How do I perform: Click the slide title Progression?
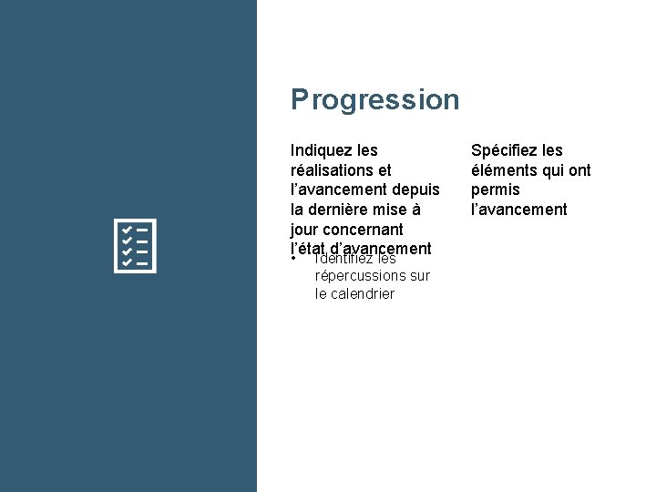(x=374, y=99)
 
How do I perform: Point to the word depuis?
(x=416, y=190)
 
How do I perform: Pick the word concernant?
(x=364, y=230)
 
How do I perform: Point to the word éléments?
(x=503, y=170)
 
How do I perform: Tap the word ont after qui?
(x=579, y=170)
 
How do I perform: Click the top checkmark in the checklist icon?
(x=128, y=229)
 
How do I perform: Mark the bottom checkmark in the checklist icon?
(x=128, y=262)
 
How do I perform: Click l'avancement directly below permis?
(x=518, y=210)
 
